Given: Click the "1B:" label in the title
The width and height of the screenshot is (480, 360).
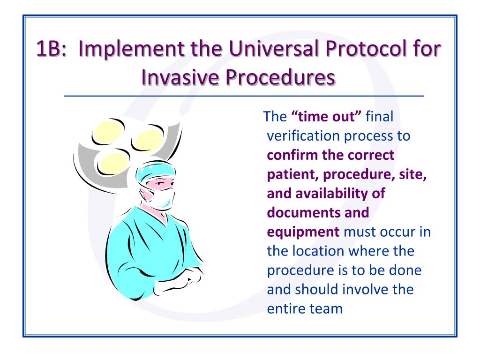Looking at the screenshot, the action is tap(51, 48).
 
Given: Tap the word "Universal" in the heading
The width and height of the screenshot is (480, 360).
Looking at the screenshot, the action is tap(274, 48).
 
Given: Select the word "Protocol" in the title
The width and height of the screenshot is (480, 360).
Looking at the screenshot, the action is tap(366, 48).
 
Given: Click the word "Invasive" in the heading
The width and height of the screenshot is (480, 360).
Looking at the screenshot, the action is tap(180, 77).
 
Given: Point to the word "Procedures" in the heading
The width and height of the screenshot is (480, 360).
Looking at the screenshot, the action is tap(280, 77).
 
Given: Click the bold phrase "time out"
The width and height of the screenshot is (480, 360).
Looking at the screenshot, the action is tap(326, 117).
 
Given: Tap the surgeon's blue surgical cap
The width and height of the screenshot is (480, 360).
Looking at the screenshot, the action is tap(156, 172).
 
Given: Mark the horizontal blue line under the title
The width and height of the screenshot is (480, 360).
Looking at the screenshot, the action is tap(244, 96).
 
